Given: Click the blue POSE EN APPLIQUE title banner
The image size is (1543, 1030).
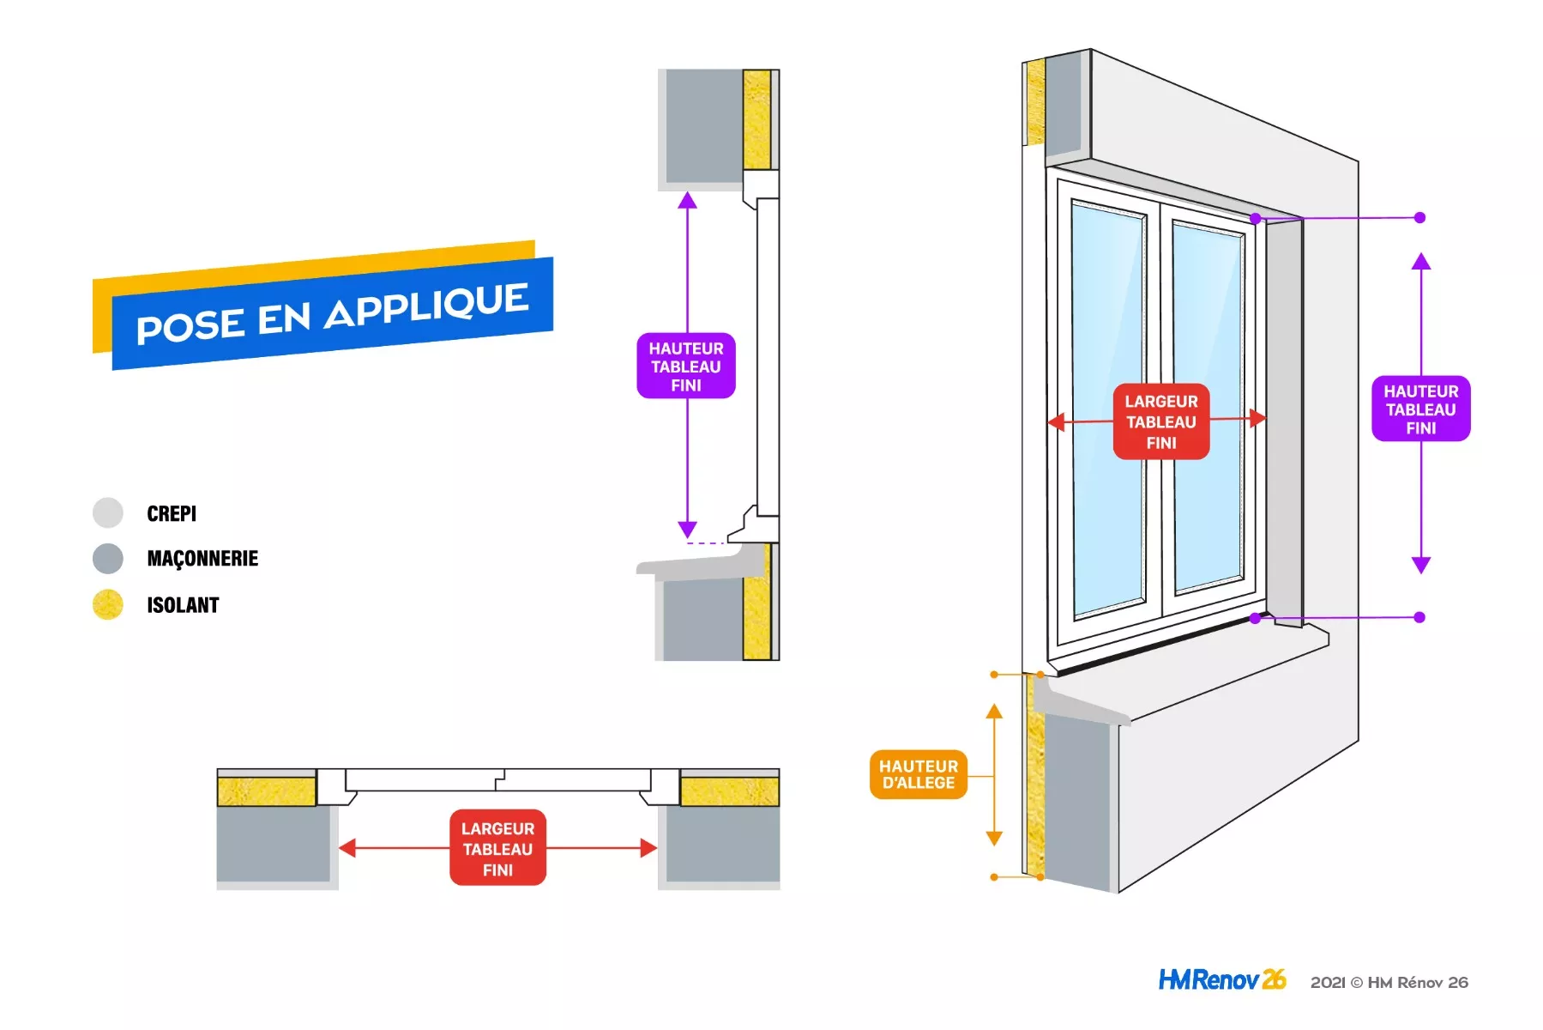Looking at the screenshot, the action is click(333, 313).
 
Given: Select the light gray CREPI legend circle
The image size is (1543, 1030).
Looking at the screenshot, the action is click(108, 512).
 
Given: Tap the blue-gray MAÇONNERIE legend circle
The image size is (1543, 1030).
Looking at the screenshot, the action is click(108, 559).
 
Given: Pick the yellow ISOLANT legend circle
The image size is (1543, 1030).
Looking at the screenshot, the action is click(108, 604).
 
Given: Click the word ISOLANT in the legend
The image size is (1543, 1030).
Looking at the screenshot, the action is click(183, 605).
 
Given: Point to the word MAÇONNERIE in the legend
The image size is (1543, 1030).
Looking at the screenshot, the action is click(202, 559).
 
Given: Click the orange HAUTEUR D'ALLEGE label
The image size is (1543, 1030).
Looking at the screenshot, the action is click(919, 774).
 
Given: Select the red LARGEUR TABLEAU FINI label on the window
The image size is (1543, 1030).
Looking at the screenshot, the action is click(1161, 421).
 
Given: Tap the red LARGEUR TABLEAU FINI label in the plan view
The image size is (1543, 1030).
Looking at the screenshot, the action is click(497, 848).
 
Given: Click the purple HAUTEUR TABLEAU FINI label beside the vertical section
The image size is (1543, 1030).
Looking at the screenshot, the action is click(686, 367).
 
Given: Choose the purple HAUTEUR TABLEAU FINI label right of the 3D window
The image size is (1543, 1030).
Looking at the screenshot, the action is click(1421, 409).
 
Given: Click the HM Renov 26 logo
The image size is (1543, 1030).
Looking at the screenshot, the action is click(1222, 979).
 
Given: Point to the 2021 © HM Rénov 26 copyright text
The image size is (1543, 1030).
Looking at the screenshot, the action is click(1389, 982).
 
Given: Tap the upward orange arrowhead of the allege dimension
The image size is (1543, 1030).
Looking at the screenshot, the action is click(994, 711).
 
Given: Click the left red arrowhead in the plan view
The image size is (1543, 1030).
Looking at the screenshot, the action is click(347, 848).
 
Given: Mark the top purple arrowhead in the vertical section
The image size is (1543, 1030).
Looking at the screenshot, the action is click(687, 201).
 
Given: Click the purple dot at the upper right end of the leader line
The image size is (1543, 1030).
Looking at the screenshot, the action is click(1419, 218).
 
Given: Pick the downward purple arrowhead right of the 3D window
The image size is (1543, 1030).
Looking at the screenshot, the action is click(1421, 565).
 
